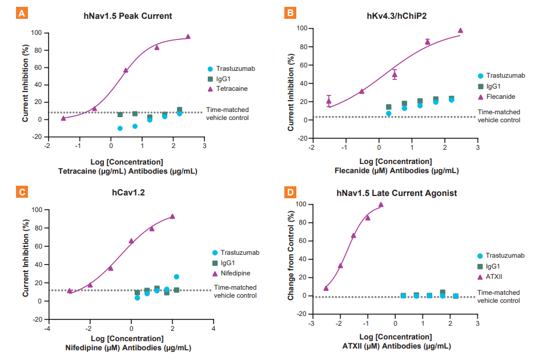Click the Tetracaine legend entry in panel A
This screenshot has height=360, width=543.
(x=231, y=89)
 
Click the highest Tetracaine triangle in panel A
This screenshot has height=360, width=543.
(x=188, y=37)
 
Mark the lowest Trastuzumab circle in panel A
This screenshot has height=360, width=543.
(x=120, y=129)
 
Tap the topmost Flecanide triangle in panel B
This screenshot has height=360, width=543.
(x=460, y=31)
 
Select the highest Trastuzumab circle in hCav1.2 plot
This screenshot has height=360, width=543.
(x=176, y=277)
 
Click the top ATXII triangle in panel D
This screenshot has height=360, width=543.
(x=381, y=205)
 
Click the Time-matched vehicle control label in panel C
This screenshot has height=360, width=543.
(x=235, y=292)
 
